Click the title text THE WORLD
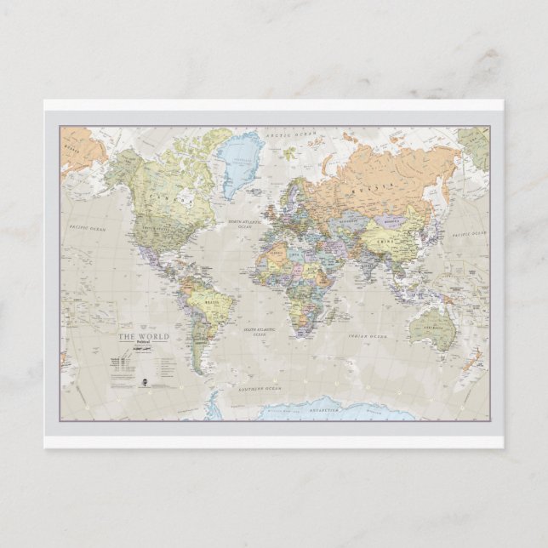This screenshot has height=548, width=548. pos(144,337)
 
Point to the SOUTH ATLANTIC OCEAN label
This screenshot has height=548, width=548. pos(256,331)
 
